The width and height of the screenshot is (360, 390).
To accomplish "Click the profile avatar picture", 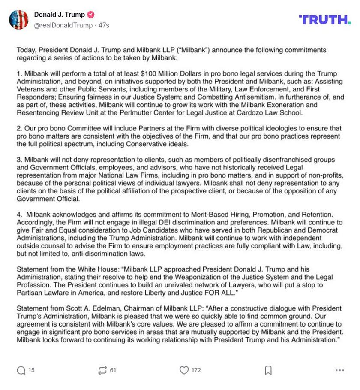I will (19, 20).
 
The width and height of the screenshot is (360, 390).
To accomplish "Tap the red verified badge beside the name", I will (91, 15).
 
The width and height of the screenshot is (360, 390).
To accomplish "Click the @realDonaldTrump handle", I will (63, 25).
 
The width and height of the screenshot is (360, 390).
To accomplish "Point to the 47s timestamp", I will (104, 25).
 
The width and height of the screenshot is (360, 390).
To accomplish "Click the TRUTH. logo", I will (324, 20).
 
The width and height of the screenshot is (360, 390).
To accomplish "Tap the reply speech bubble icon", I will (21, 370).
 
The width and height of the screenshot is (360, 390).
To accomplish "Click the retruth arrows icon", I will (102, 370).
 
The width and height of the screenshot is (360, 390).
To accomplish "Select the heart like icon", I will (184, 370).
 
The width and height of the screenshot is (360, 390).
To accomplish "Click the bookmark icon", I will (268, 370).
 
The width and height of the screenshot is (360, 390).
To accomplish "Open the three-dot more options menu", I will (340, 370).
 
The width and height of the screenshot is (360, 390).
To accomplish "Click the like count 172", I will (196, 370).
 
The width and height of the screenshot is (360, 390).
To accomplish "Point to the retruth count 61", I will (113, 370).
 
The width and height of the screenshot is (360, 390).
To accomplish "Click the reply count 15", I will (32, 370).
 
